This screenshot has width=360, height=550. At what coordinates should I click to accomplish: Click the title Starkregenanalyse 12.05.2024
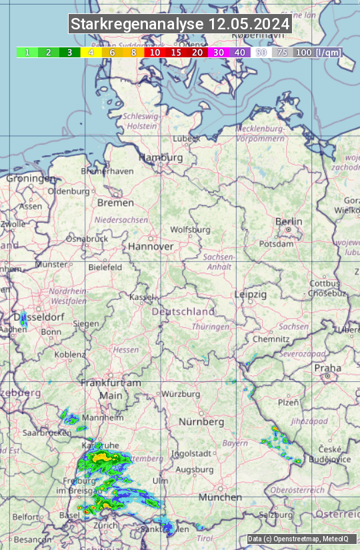180,25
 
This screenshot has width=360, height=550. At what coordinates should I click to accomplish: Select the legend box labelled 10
155,52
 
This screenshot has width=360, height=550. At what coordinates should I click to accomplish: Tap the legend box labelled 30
219,52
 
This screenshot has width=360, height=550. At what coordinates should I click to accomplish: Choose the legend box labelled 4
91,52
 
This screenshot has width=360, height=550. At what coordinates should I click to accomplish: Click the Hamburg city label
160,158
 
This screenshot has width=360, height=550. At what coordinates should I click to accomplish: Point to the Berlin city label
289,222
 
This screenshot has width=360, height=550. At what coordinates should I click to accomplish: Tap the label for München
220,497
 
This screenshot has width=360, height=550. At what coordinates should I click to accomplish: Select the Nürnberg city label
201,422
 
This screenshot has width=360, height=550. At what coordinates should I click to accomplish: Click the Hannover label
151,246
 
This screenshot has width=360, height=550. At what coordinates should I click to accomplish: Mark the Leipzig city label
251,294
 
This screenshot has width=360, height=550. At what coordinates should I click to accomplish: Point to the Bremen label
116,203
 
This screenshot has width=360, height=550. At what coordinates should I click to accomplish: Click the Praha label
328,367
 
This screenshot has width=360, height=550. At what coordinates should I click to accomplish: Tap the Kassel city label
142,297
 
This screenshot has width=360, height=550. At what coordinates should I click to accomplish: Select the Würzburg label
181,394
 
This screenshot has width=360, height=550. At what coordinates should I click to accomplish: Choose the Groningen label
31,179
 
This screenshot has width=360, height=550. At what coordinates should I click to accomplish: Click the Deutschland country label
183,311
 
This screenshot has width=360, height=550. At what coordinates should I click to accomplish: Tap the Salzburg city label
276,515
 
